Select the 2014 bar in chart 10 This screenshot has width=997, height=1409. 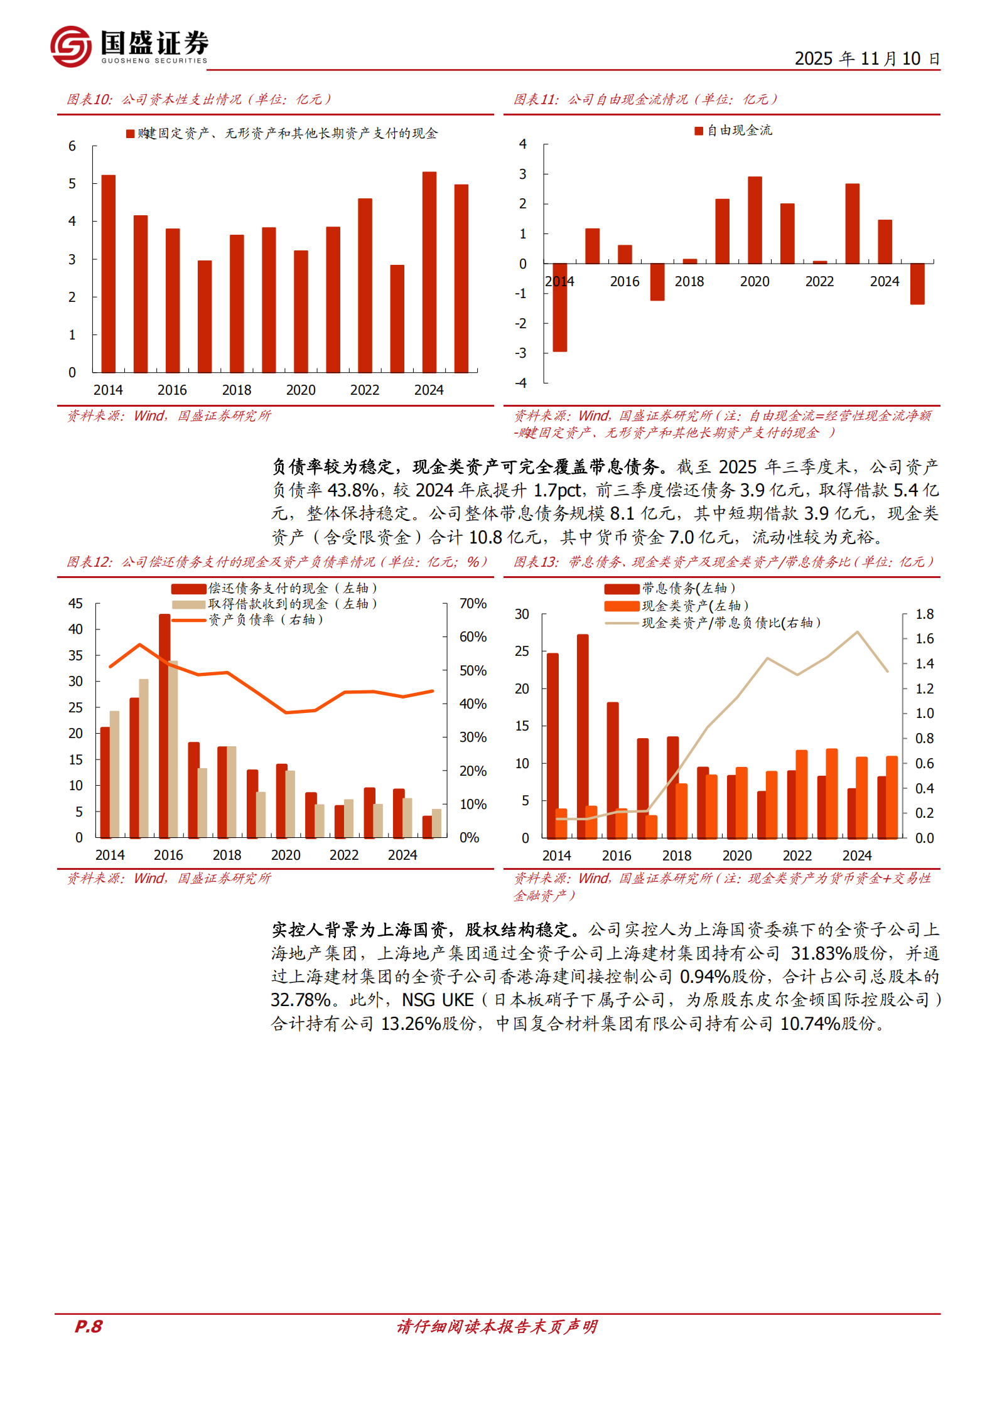(108, 274)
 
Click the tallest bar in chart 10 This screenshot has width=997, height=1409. (429, 272)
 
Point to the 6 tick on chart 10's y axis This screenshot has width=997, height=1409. (72, 146)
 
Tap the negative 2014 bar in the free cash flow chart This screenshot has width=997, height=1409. (559, 307)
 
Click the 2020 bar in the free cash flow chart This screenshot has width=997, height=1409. (755, 220)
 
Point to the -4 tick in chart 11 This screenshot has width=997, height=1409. (521, 383)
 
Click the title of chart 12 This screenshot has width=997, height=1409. (276, 562)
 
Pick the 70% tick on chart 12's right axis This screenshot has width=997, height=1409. (473, 604)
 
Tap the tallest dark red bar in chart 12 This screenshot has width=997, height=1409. (164, 726)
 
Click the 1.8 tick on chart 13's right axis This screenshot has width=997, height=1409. (924, 614)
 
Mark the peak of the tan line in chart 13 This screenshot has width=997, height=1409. (858, 631)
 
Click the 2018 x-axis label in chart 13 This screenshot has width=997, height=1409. (677, 855)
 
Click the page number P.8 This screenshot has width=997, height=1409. (89, 1326)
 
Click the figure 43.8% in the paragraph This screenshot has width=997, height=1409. (352, 490)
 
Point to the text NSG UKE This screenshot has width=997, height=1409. (438, 1000)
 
